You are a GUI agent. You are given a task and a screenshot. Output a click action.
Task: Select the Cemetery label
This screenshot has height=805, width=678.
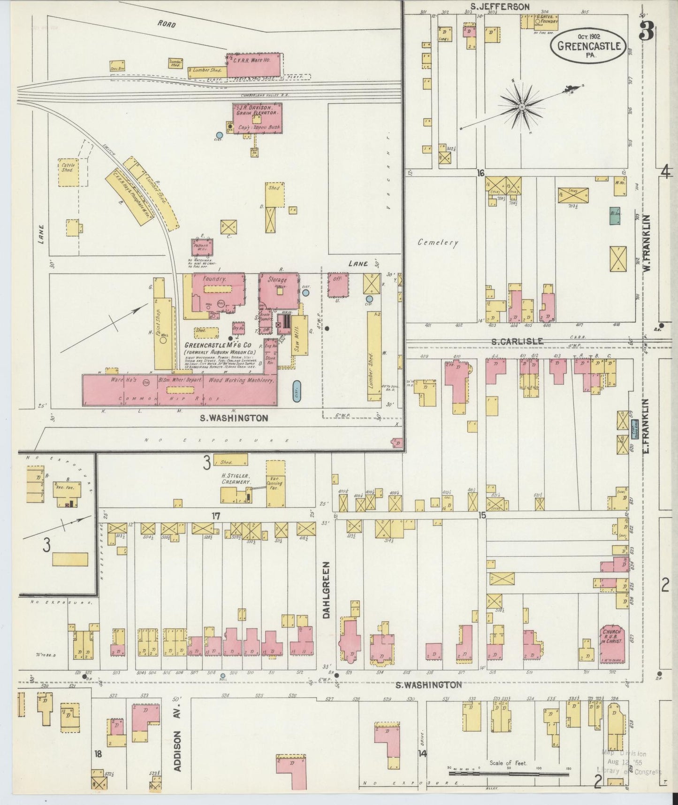pos(437,243)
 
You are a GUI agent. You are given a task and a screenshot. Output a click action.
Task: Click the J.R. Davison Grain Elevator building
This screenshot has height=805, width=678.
pos(258,116)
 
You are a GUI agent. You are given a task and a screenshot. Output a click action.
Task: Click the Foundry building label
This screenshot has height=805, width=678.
pos(215,279)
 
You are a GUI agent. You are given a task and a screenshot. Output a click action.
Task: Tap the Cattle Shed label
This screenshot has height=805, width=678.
pos(67,167)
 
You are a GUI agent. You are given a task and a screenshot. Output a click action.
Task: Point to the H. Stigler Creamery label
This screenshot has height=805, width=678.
pos(236,479)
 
